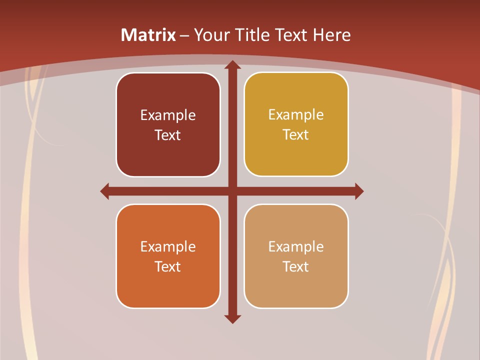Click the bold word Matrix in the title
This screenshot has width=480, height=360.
[x=148, y=35]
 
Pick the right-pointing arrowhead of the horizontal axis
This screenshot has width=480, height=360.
[x=359, y=191]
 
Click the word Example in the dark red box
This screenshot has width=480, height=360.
[x=168, y=115]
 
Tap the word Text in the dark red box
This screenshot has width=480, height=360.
[x=168, y=135]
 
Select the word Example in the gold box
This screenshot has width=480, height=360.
[x=296, y=115]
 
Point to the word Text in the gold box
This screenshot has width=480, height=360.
[x=296, y=134]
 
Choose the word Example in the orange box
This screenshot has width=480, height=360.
[x=168, y=247]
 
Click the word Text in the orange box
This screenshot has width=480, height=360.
[x=168, y=266]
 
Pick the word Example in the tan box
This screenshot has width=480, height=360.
[x=296, y=247]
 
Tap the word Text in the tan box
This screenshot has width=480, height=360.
[x=296, y=266]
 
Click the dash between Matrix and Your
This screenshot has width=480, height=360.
[x=184, y=35]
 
